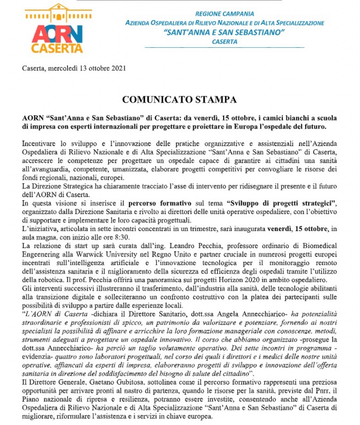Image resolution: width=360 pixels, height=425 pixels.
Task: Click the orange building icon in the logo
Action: coord(54,16)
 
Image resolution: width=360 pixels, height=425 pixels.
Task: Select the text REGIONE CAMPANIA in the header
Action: coord(225,12)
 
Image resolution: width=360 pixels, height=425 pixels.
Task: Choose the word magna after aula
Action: coord(47,237)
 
